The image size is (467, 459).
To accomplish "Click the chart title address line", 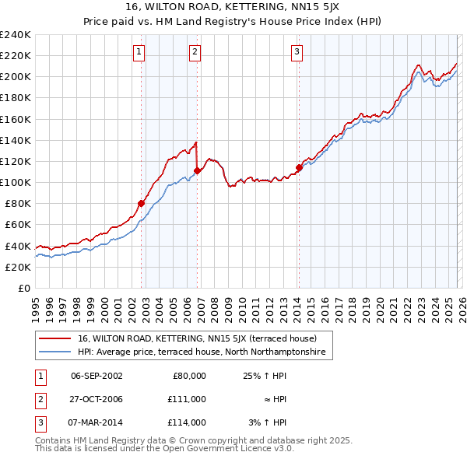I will click(x=233, y=7).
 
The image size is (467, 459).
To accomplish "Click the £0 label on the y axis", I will click(x=23, y=288).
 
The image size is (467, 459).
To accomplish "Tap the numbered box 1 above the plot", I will click(x=139, y=52).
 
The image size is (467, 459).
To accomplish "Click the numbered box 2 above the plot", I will click(x=195, y=52).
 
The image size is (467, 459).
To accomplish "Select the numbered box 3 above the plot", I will click(x=297, y=52).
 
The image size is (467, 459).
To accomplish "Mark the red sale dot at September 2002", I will click(x=141, y=204).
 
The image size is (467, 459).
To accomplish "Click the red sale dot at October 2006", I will click(x=198, y=170).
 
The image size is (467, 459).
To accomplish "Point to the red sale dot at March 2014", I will click(x=299, y=167).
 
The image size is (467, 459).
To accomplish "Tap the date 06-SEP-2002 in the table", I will click(x=97, y=376).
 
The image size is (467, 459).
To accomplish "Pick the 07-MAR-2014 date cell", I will click(x=97, y=422).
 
